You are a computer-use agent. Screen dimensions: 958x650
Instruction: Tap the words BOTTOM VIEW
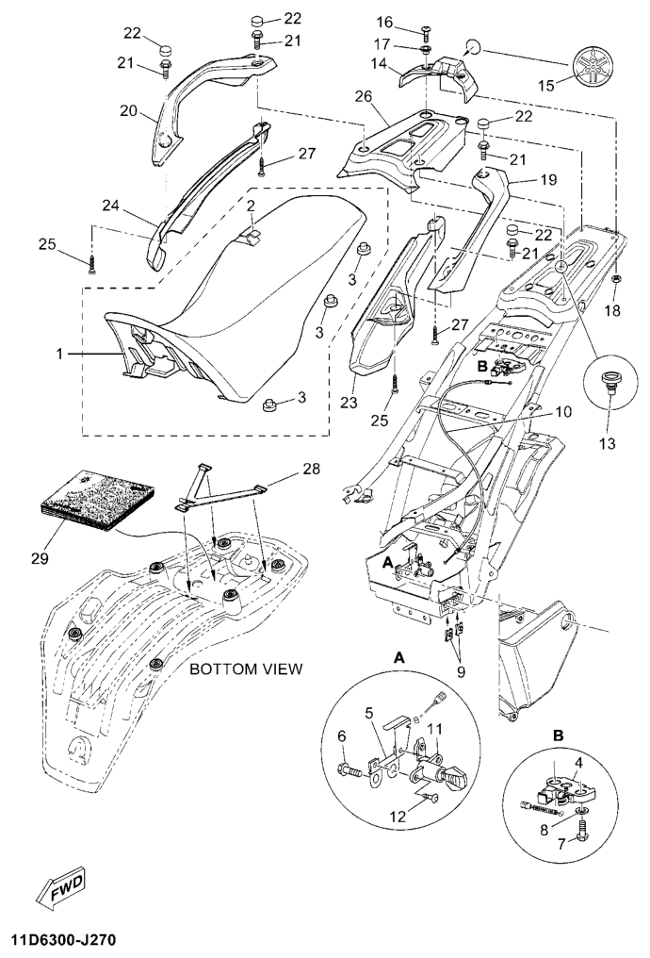(x=246, y=669)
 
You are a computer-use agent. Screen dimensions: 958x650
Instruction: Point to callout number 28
(x=312, y=469)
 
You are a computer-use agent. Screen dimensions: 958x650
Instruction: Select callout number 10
(x=563, y=412)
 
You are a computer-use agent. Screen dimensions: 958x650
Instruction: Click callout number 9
(x=461, y=671)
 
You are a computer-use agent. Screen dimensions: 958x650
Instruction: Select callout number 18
(x=613, y=311)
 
